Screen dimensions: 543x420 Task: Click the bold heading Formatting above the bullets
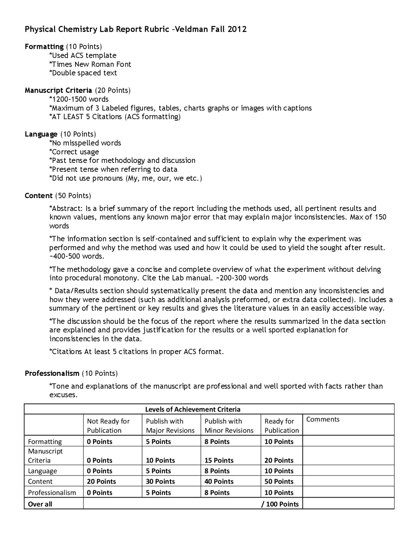[x=44, y=47]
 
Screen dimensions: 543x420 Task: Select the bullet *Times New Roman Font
[x=90, y=64]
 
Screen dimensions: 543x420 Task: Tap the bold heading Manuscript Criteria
[x=58, y=90]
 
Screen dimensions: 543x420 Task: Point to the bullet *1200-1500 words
[x=79, y=99]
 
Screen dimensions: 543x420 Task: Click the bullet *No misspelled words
[x=85, y=143]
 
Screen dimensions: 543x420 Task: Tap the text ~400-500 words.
[x=76, y=256]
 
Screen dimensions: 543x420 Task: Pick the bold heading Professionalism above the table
[x=52, y=373]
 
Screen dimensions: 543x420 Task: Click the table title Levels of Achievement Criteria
[x=193, y=409]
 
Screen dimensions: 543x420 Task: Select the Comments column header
[x=323, y=419]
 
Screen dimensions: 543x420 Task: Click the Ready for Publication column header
[x=282, y=426]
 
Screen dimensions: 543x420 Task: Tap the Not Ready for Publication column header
[x=108, y=426]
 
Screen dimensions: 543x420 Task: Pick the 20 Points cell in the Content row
[x=101, y=481]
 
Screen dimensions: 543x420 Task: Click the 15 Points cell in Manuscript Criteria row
[x=219, y=460]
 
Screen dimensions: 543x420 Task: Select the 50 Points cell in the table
[x=279, y=481]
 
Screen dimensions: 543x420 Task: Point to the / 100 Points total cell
[x=280, y=504]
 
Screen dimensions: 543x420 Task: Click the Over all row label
[x=40, y=504]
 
